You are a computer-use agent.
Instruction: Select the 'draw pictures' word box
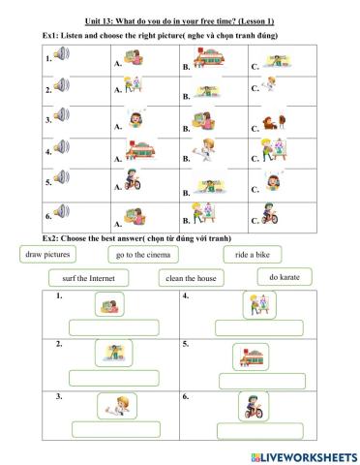[47, 254]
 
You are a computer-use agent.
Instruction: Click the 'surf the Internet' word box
[81, 278]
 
